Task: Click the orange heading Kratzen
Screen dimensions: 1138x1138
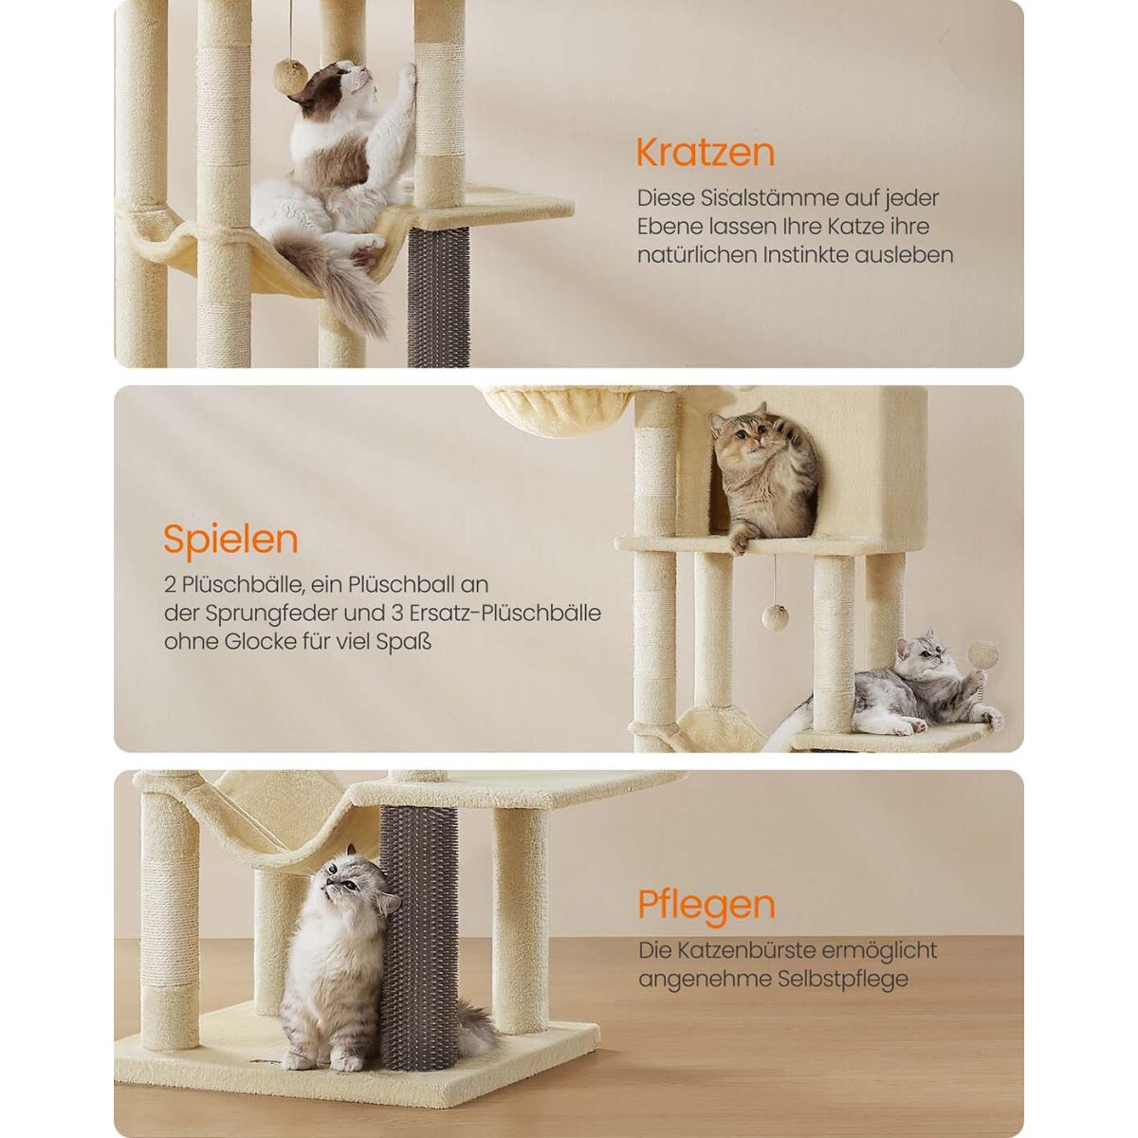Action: pos(706,153)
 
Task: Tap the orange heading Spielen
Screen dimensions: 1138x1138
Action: pos(230,540)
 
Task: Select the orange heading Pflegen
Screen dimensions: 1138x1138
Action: pos(707,921)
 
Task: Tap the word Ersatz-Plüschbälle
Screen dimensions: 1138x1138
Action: pos(505,613)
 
